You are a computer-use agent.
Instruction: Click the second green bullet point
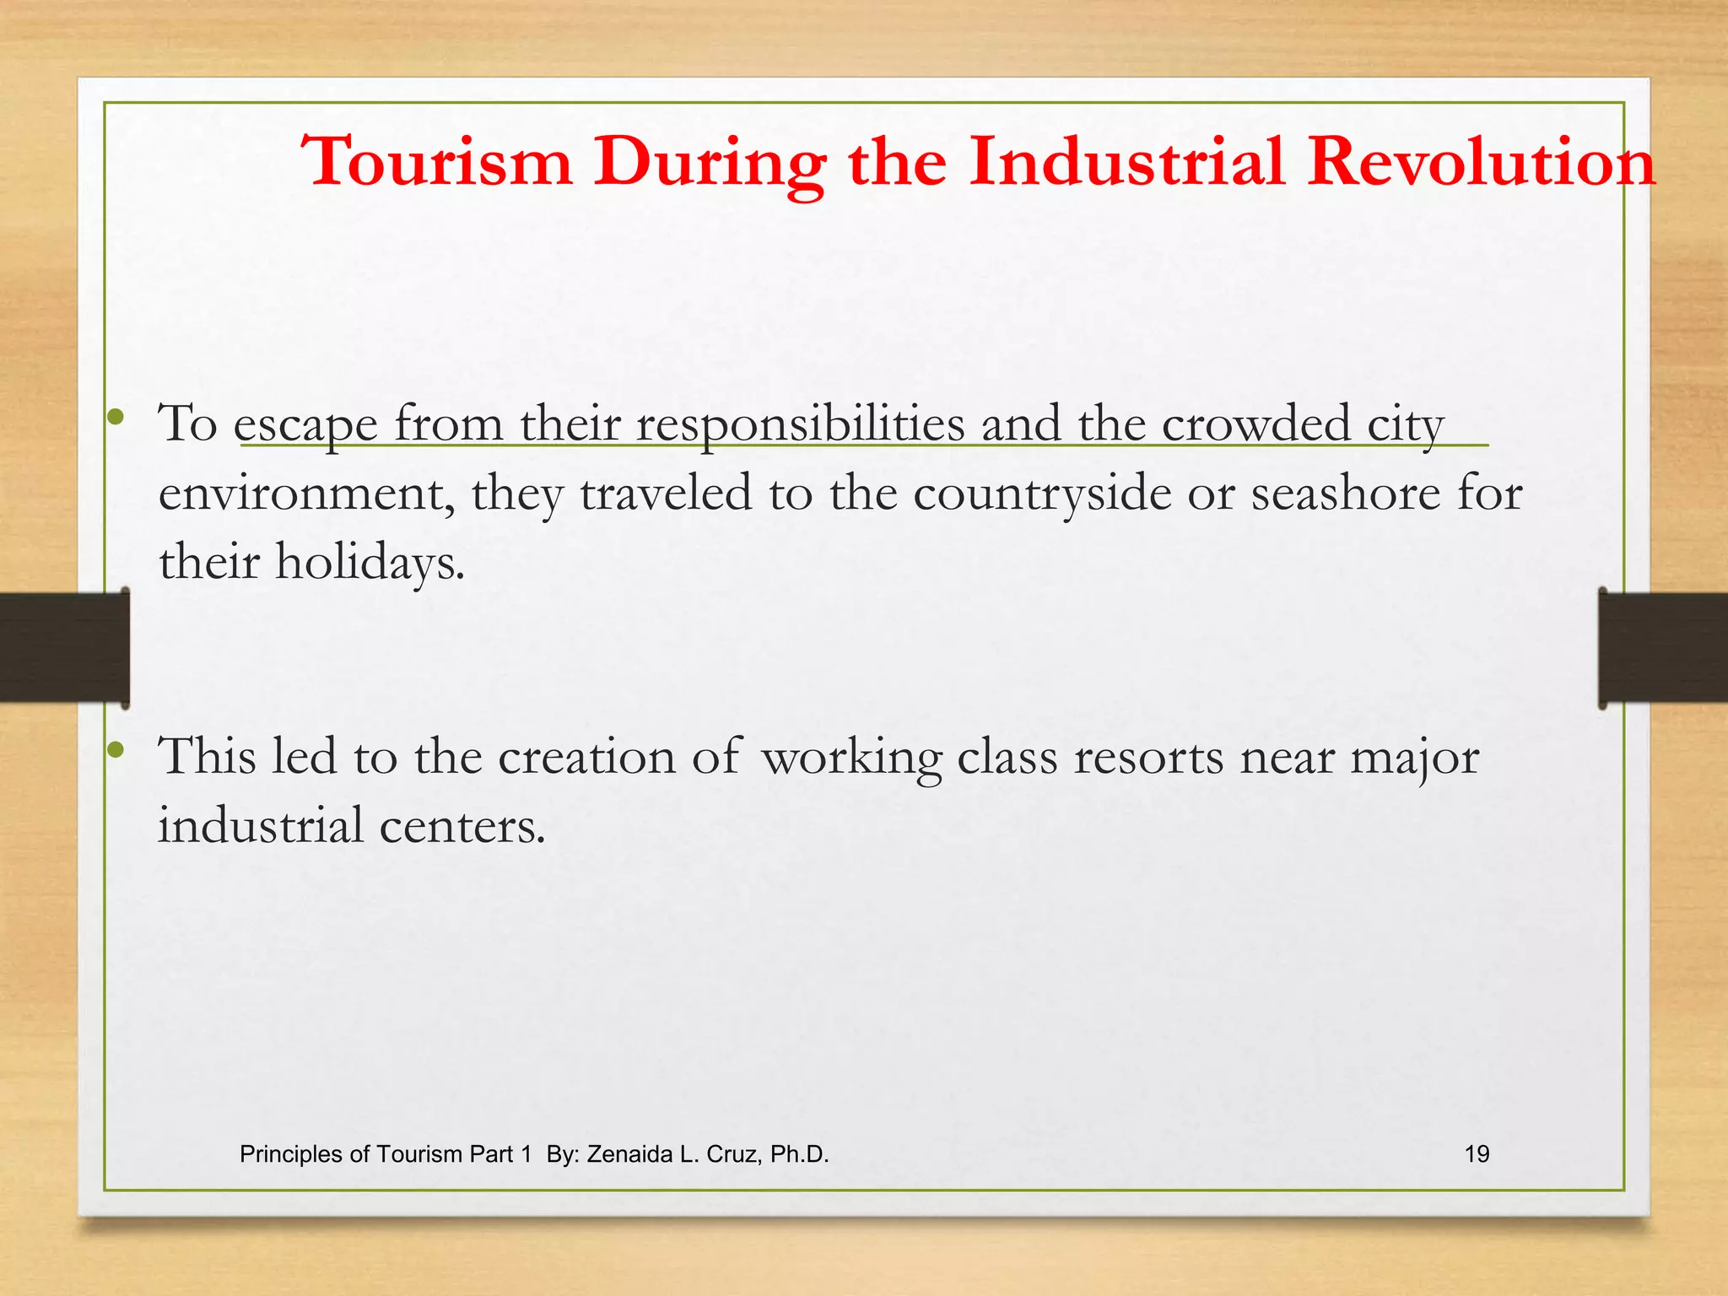click(x=116, y=748)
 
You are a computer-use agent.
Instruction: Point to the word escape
click(x=305, y=424)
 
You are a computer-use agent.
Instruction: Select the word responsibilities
click(x=800, y=424)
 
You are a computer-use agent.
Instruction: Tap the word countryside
click(x=1042, y=494)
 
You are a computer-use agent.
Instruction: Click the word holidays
click(x=370, y=563)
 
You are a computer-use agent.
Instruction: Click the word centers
click(x=462, y=826)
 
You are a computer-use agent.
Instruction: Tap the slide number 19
click(x=1477, y=1154)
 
